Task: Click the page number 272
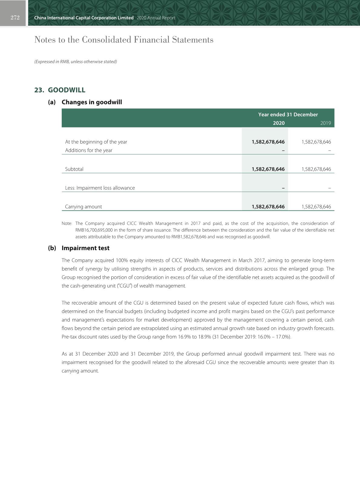point(15,18)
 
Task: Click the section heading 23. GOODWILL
point(60,90)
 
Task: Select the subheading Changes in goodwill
point(92,102)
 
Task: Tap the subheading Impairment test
point(85,248)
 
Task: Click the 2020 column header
point(279,123)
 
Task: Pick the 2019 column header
point(326,123)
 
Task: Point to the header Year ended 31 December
point(288,114)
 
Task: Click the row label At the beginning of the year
point(96,142)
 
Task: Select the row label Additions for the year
point(89,150)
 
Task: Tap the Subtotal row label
point(74,169)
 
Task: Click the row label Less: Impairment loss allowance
point(100,188)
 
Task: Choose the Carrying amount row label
point(83,207)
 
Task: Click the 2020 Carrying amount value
point(268,207)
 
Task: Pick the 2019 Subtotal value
point(316,169)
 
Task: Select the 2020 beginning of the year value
point(268,142)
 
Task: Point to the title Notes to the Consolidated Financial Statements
point(124,40)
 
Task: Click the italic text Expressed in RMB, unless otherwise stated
point(75,61)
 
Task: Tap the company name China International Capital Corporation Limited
point(84,18)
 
